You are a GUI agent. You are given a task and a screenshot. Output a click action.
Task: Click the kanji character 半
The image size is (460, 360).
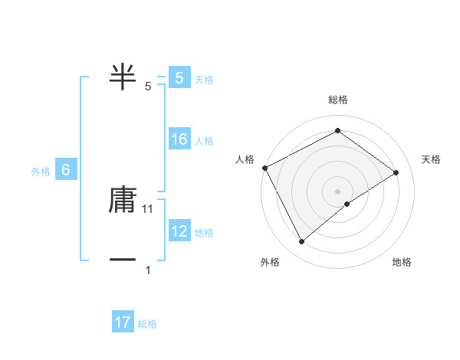(x=123, y=78)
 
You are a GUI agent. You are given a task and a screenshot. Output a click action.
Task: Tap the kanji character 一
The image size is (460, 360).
(x=123, y=260)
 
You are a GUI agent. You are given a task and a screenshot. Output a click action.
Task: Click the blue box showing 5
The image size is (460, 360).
(x=179, y=78)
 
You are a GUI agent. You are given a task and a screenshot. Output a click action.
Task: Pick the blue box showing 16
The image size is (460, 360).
(x=179, y=140)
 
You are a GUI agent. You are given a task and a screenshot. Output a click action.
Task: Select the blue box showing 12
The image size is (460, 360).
(x=179, y=231)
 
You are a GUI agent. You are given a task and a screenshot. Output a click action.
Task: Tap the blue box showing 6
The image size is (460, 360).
(x=66, y=171)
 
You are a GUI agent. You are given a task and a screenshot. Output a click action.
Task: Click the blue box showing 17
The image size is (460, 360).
(x=123, y=323)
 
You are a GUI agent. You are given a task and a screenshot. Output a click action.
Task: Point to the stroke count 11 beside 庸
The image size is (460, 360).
(x=148, y=208)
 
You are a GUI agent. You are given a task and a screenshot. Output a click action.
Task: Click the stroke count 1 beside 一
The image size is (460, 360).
(x=148, y=270)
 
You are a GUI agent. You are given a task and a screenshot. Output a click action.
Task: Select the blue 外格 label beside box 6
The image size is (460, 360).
(x=41, y=172)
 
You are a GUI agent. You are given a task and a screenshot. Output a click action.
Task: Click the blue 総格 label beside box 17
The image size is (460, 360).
(x=147, y=324)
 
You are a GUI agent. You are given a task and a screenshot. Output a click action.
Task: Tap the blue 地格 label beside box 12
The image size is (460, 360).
(x=204, y=232)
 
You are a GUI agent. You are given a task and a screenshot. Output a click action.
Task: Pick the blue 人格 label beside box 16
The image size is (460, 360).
(x=204, y=141)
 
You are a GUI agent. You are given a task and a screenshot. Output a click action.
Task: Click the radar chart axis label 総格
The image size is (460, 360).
(x=338, y=100)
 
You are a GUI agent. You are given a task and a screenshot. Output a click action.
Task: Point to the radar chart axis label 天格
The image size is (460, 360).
(x=432, y=159)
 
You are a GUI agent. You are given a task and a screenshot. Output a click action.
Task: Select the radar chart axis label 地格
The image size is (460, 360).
(x=402, y=262)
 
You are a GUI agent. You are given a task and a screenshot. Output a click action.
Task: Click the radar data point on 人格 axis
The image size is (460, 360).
(x=264, y=168)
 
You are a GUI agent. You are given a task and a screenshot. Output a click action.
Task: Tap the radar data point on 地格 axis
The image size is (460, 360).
(x=347, y=204)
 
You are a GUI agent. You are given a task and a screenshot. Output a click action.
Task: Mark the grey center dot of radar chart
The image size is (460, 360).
(x=337, y=191)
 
